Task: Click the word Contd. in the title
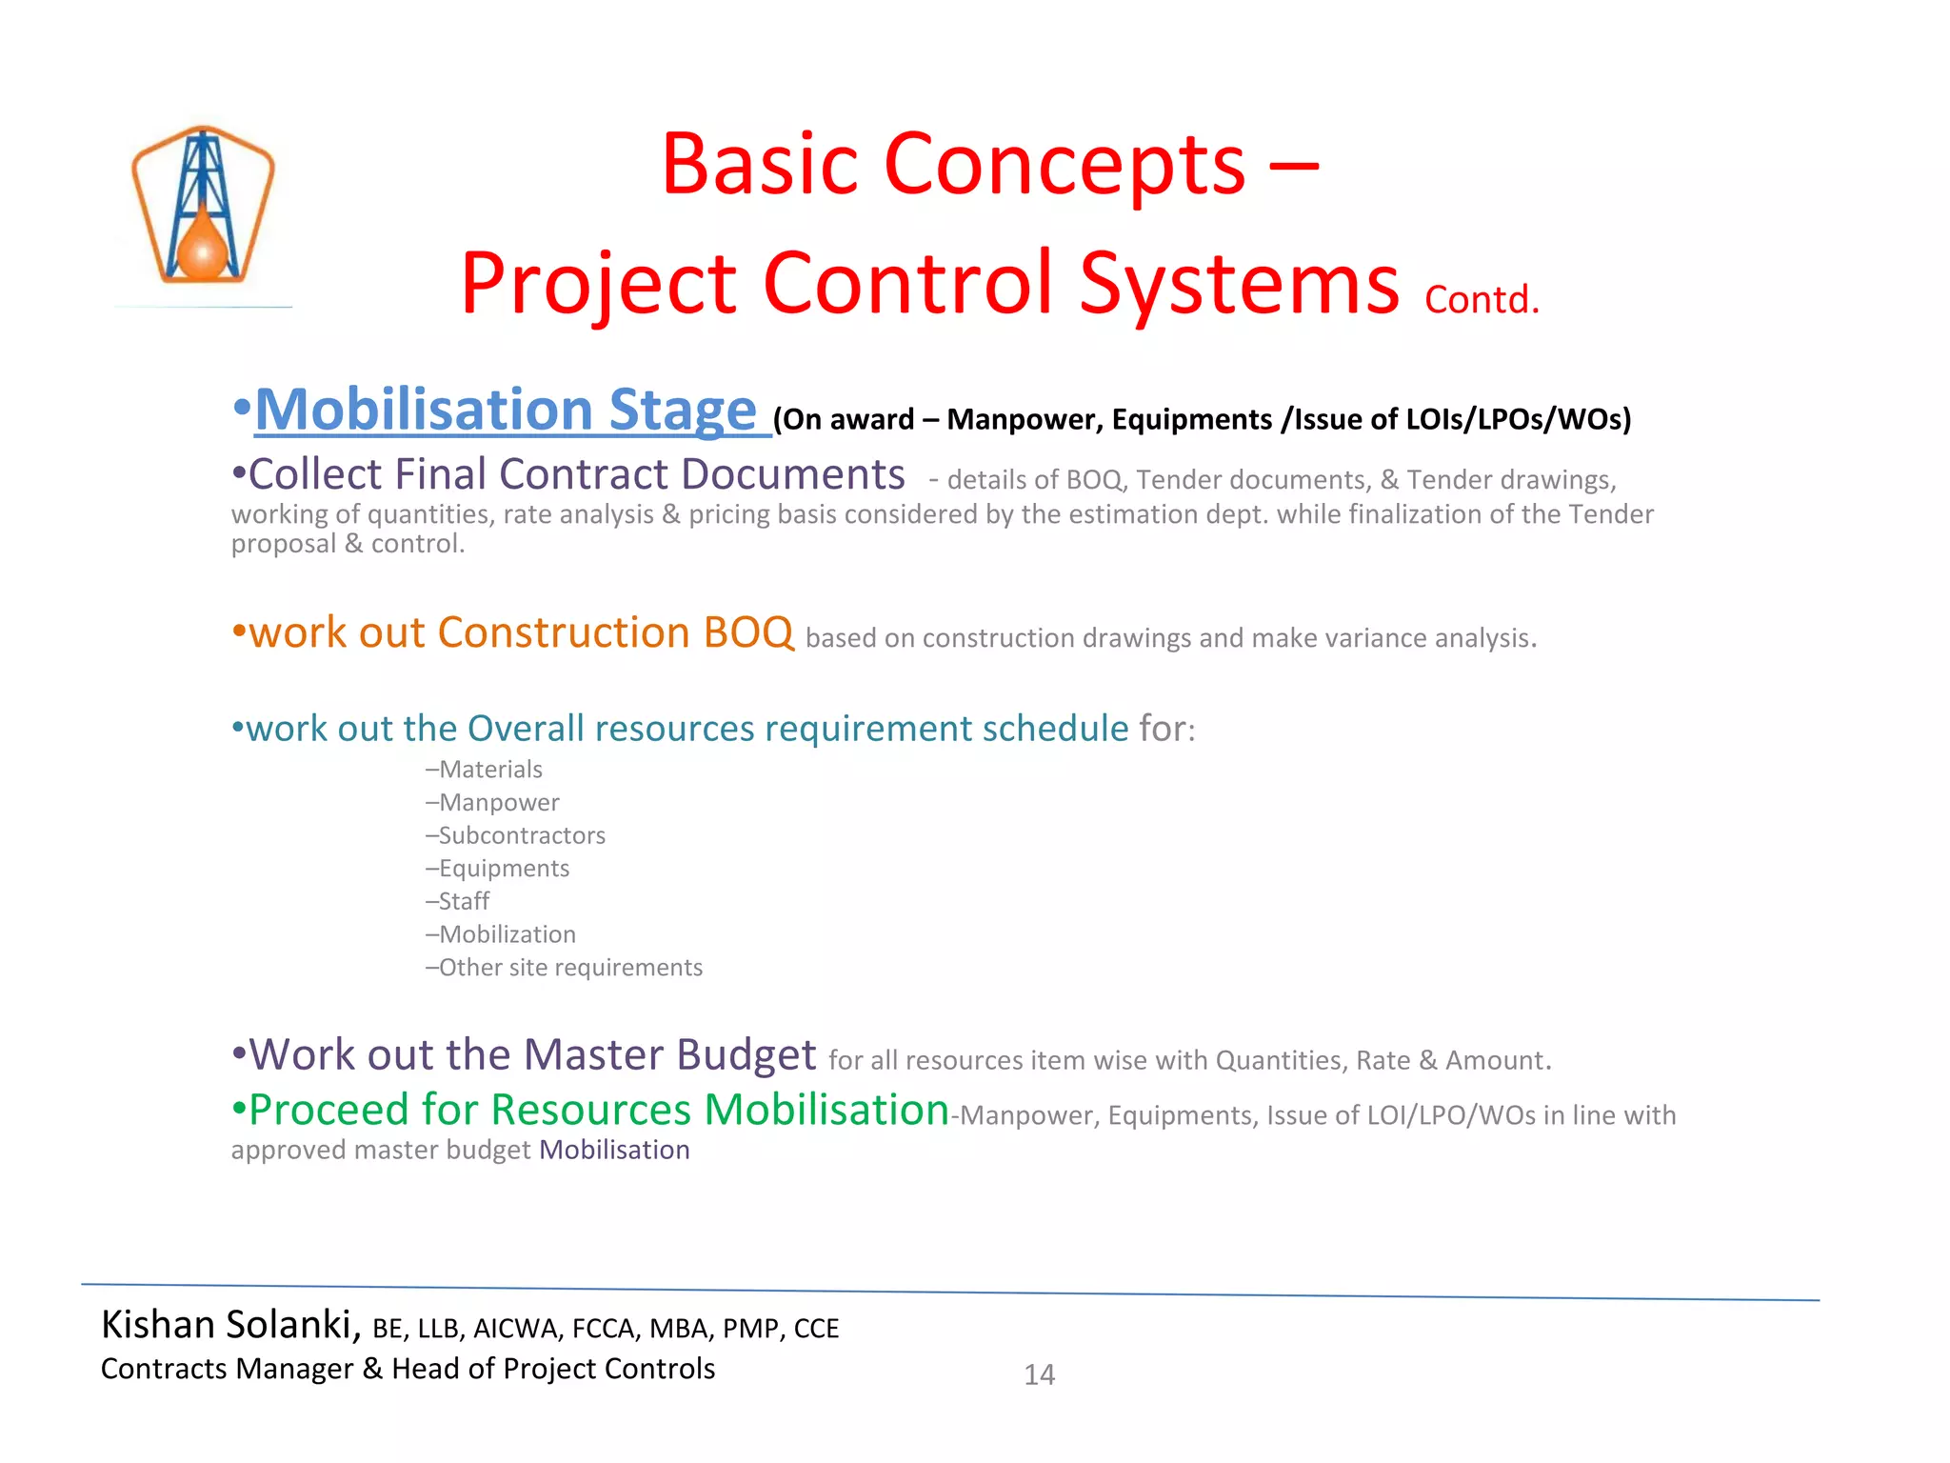point(1482,300)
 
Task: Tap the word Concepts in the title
point(1065,165)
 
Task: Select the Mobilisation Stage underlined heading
point(506,411)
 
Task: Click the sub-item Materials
point(489,770)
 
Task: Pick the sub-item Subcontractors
point(521,835)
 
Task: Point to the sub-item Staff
point(463,901)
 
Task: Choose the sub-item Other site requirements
point(569,968)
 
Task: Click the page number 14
point(1039,1374)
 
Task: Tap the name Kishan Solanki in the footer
point(227,1325)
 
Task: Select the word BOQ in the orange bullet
point(748,633)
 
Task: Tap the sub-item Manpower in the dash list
point(498,803)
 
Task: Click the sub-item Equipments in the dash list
point(503,869)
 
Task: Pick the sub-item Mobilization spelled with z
point(507,934)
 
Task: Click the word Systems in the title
point(1239,284)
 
